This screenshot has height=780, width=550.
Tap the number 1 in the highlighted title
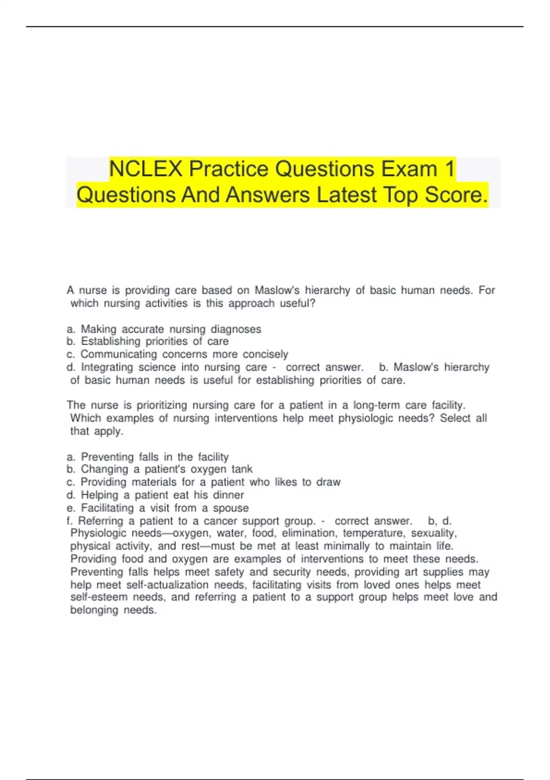tap(449, 169)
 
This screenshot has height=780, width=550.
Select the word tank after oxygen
tap(242, 469)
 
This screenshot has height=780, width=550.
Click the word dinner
tap(228, 495)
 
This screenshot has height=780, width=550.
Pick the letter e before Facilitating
tap(70, 508)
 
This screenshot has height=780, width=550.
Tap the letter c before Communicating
tap(70, 355)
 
